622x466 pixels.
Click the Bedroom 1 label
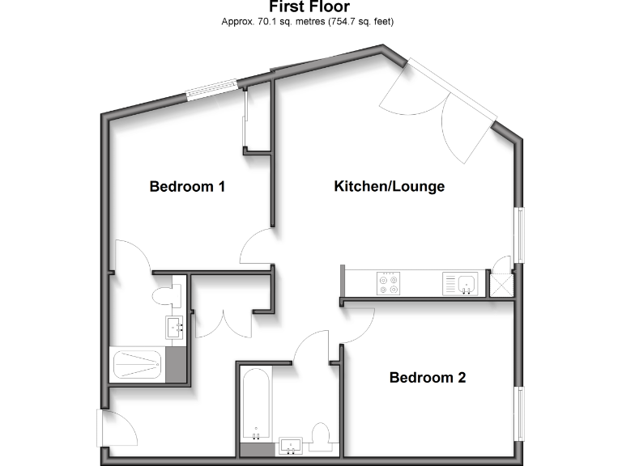coord(187,187)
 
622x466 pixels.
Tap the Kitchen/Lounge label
coord(390,187)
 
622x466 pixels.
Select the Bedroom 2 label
coord(428,378)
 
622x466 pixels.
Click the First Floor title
coord(310,6)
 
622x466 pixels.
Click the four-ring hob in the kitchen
coord(388,284)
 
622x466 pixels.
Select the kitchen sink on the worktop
coord(466,284)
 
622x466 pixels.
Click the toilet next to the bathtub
coord(321,437)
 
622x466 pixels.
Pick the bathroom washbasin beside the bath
coord(290,445)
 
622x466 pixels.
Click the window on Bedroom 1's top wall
coord(211,89)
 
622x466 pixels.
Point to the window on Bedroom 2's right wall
coord(520,413)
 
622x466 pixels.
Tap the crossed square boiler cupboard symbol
coord(502,283)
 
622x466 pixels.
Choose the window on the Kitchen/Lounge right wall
coord(520,235)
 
